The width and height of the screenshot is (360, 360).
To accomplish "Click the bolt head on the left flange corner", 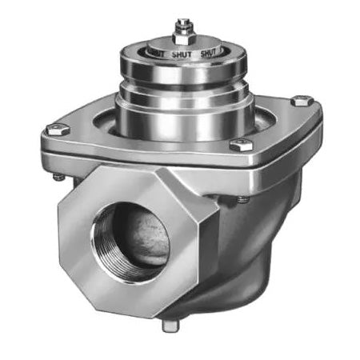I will click(x=54, y=129).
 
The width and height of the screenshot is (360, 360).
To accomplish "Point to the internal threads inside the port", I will click(x=104, y=240).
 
